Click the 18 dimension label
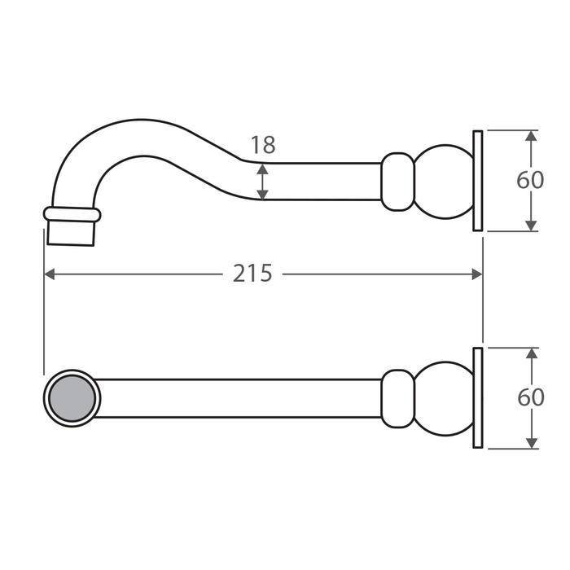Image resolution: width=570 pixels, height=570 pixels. click(x=263, y=146)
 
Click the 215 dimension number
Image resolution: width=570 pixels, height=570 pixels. click(x=252, y=274)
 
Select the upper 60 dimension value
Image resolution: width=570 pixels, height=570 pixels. click(x=530, y=180)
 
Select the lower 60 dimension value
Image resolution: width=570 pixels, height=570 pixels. click(x=530, y=397)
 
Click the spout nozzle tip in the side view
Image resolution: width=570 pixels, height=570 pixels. click(x=72, y=232)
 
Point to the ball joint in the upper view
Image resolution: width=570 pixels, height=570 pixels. click(x=444, y=181)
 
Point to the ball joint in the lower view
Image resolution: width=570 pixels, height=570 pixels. click(x=444, y=397)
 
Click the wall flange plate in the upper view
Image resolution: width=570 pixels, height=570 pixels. click(x=478, y=181)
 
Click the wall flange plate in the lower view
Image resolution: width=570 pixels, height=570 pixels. click(x=478, y=397)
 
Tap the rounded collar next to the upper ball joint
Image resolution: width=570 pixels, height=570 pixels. click(x=397, y=181)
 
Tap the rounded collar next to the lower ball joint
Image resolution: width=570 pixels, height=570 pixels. click(x=397, y=397)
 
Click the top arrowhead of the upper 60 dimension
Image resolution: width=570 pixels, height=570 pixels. click(x=531, y=136)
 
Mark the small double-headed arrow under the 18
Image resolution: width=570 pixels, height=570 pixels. click(x=262, y=181)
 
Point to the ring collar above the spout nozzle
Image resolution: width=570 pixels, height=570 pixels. click(x=72, y=214)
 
